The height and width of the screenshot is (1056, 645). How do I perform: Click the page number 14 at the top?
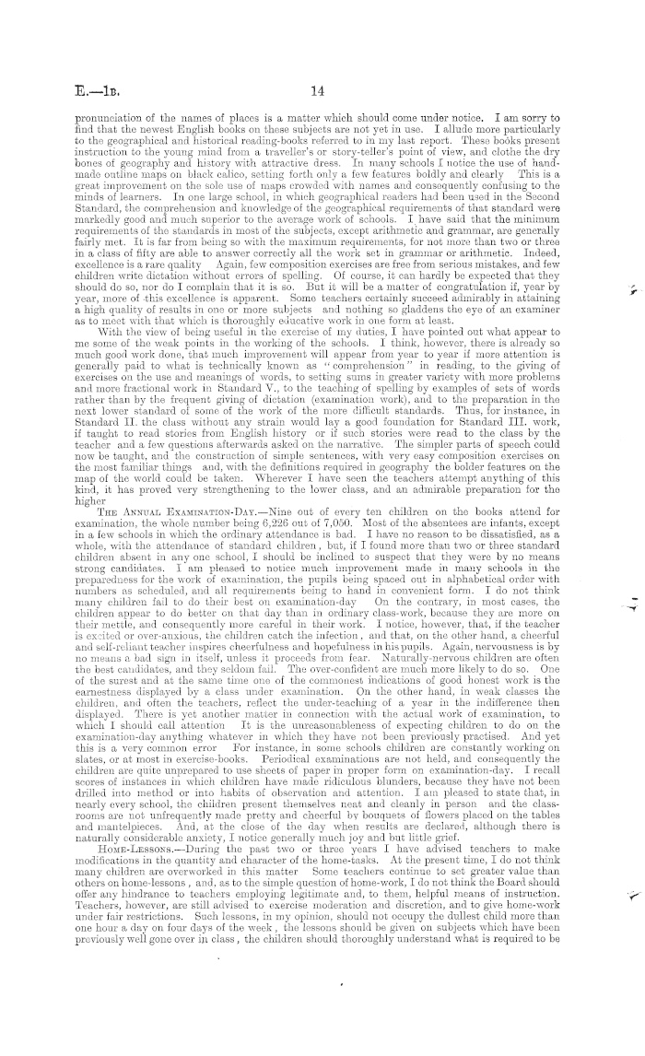tap(319, 90)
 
